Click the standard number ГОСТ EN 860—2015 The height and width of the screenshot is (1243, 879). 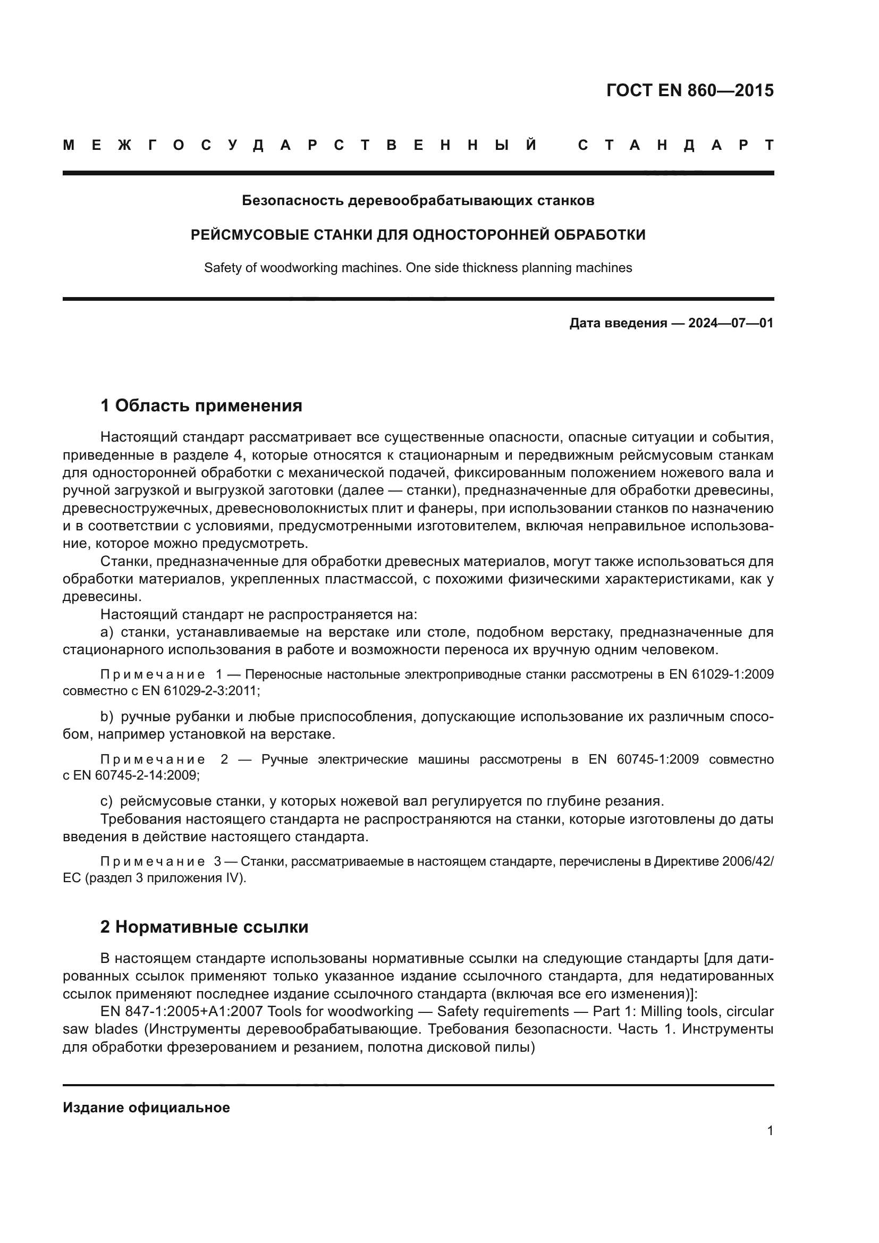[x=690, y=90]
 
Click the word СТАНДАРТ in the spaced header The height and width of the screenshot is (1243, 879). [x=675, y=145]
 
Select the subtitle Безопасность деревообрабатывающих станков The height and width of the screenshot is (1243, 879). [x=418, y=201]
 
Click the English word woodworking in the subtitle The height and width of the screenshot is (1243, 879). [x=299, y=268]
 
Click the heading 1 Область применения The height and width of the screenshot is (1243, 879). [x=201, y=405]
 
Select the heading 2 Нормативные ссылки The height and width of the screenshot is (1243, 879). [x=204, y=927]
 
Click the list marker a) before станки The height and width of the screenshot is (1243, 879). [x=107, y=632]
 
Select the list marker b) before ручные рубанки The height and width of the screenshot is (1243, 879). [x=107, y=717]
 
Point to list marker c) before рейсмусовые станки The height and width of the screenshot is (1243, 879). [x=106, y=801]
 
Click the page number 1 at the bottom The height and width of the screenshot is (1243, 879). [x=770, y=1131]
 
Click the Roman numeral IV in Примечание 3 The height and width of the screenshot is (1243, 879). [x=233, y=877]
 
